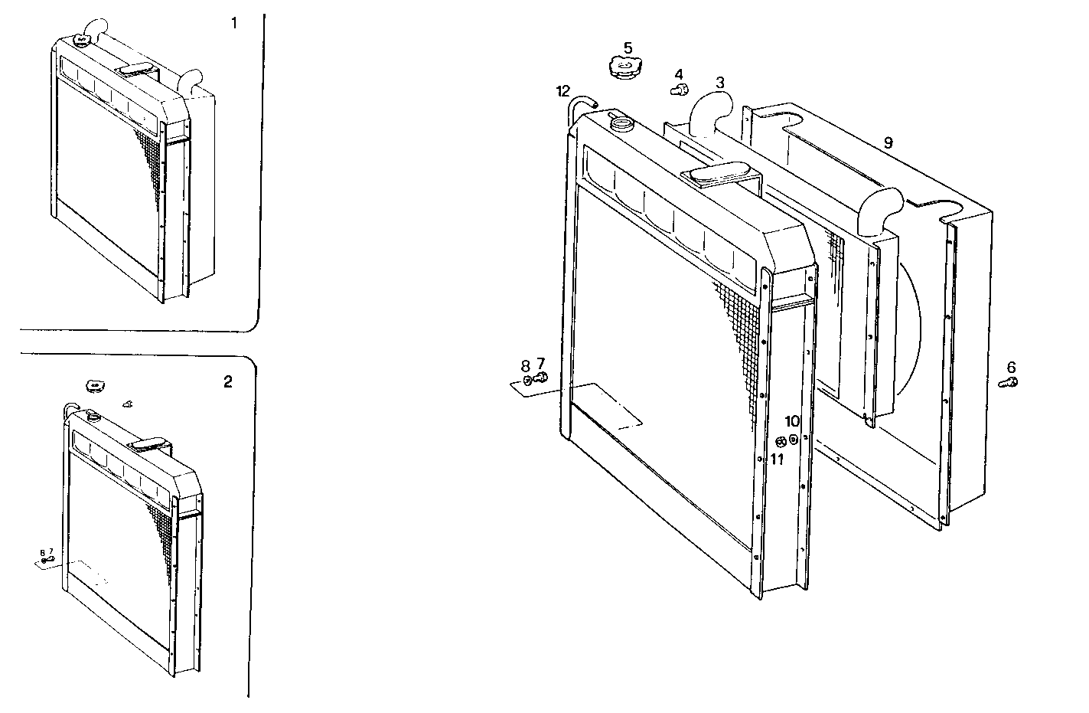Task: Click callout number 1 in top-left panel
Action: coord(234,24)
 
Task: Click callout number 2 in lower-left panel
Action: coord(228,382)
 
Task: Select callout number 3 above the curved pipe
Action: coord(720,82)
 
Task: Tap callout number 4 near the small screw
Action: coord(678,74)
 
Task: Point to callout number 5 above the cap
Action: coord(628,47)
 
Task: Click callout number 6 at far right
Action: coord(1012,367)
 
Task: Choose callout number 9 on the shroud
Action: coord(888,142)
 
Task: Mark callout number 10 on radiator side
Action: coord(792,421)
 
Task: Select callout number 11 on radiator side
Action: coord(778,459)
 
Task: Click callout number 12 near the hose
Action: coord(563,91)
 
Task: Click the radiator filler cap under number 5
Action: coord(624,67)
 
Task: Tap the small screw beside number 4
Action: coord(677,90)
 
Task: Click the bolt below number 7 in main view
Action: coord(540,377)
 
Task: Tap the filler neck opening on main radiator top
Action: coord(622,120)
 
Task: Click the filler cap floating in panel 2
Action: coord(95,386)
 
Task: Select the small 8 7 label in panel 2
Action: coord(46,551)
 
